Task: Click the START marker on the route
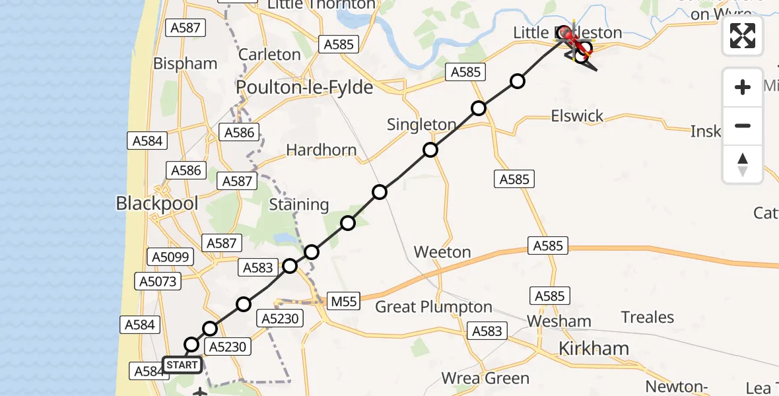182,365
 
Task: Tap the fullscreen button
743,36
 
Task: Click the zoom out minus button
743,125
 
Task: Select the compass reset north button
743,164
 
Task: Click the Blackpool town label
157,203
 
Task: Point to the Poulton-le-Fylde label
304,88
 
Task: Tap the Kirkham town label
594,348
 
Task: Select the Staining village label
299,205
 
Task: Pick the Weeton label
442,252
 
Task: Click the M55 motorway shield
343,302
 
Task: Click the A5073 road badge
156,282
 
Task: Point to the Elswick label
577,116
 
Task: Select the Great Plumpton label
434,307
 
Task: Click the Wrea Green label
485,378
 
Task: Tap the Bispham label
185,63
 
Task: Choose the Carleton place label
269,54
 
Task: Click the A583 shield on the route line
257,267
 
